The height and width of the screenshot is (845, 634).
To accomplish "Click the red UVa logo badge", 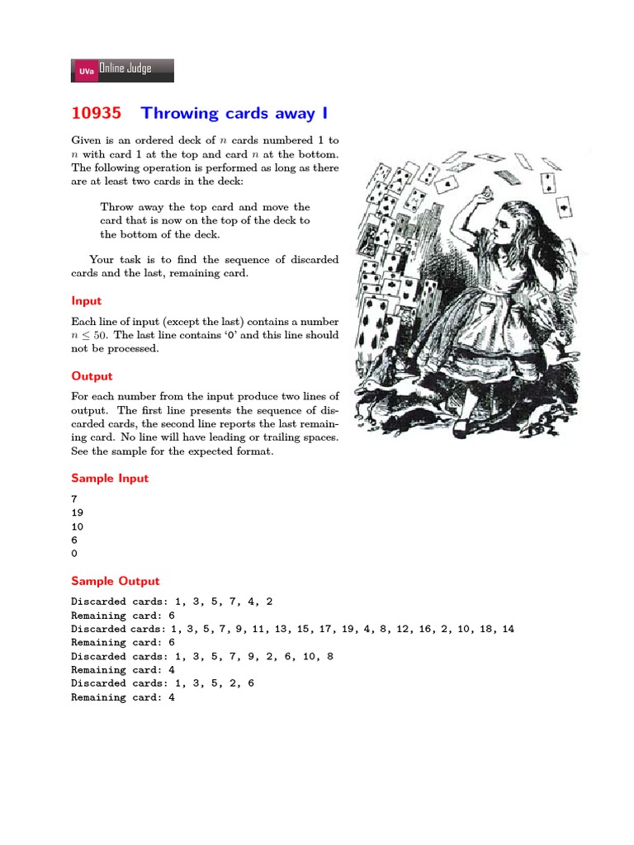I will point(86,72).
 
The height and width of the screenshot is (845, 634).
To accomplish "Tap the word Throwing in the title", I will point(180,113).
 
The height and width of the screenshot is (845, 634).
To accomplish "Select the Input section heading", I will point(86,302).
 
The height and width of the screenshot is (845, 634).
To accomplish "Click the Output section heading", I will point(92,376).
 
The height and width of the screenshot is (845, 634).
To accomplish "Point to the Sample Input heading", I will point(110,479).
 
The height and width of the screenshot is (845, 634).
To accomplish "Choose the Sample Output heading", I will point(116,581).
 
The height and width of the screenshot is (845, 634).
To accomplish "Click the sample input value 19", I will point(78,512).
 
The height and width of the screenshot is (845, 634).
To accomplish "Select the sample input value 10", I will point(78,526).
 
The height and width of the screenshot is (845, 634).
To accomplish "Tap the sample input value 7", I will point(74,498).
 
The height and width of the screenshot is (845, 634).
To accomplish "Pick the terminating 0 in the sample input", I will point(74,554).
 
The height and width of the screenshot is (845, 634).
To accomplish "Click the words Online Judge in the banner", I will point(125,69).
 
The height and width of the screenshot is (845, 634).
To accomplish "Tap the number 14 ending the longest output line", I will point(508,629).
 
